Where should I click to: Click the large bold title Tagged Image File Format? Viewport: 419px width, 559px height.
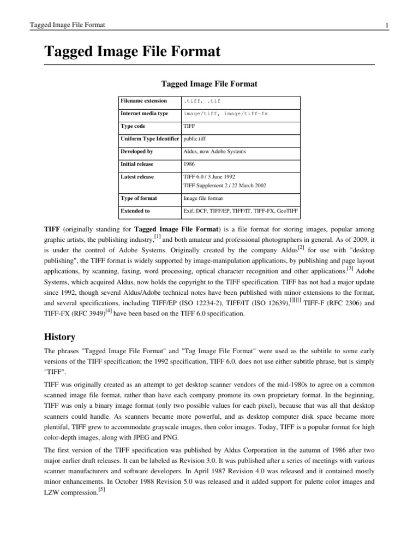tap(132, 52)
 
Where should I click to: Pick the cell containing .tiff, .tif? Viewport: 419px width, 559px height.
tap(202, 102)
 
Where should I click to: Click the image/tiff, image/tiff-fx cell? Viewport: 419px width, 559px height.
tap(225, 114)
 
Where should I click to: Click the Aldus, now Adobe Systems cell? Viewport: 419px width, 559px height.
tap(215, 151)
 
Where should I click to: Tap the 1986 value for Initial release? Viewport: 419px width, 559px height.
tap(190, 164)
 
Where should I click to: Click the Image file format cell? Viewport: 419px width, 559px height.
tap(203, 198)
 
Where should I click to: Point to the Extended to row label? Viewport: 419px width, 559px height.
tap(135, 210)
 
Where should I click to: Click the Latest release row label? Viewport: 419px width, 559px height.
tap(137, 176)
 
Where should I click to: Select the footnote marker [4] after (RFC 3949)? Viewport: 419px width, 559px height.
tap(109, 311)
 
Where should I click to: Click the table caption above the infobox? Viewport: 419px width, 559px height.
tap(209, 84)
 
